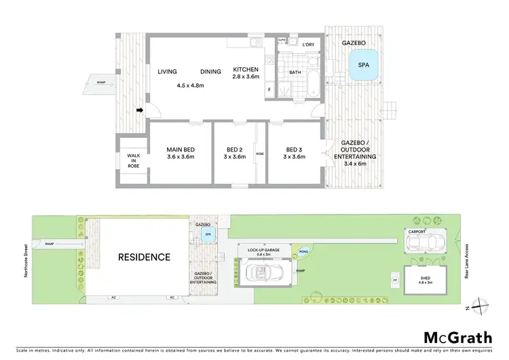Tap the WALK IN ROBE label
click(x=134, y=160)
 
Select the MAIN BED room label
click(x=181, y=154)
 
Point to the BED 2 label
click(x=235, y=154)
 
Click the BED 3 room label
click(x=293, y=154)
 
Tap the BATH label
click(x=295, y=72)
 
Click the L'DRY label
click(x=309, y=45)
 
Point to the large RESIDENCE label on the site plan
click(x=145, y=257)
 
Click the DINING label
click(x=212, y=71)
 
